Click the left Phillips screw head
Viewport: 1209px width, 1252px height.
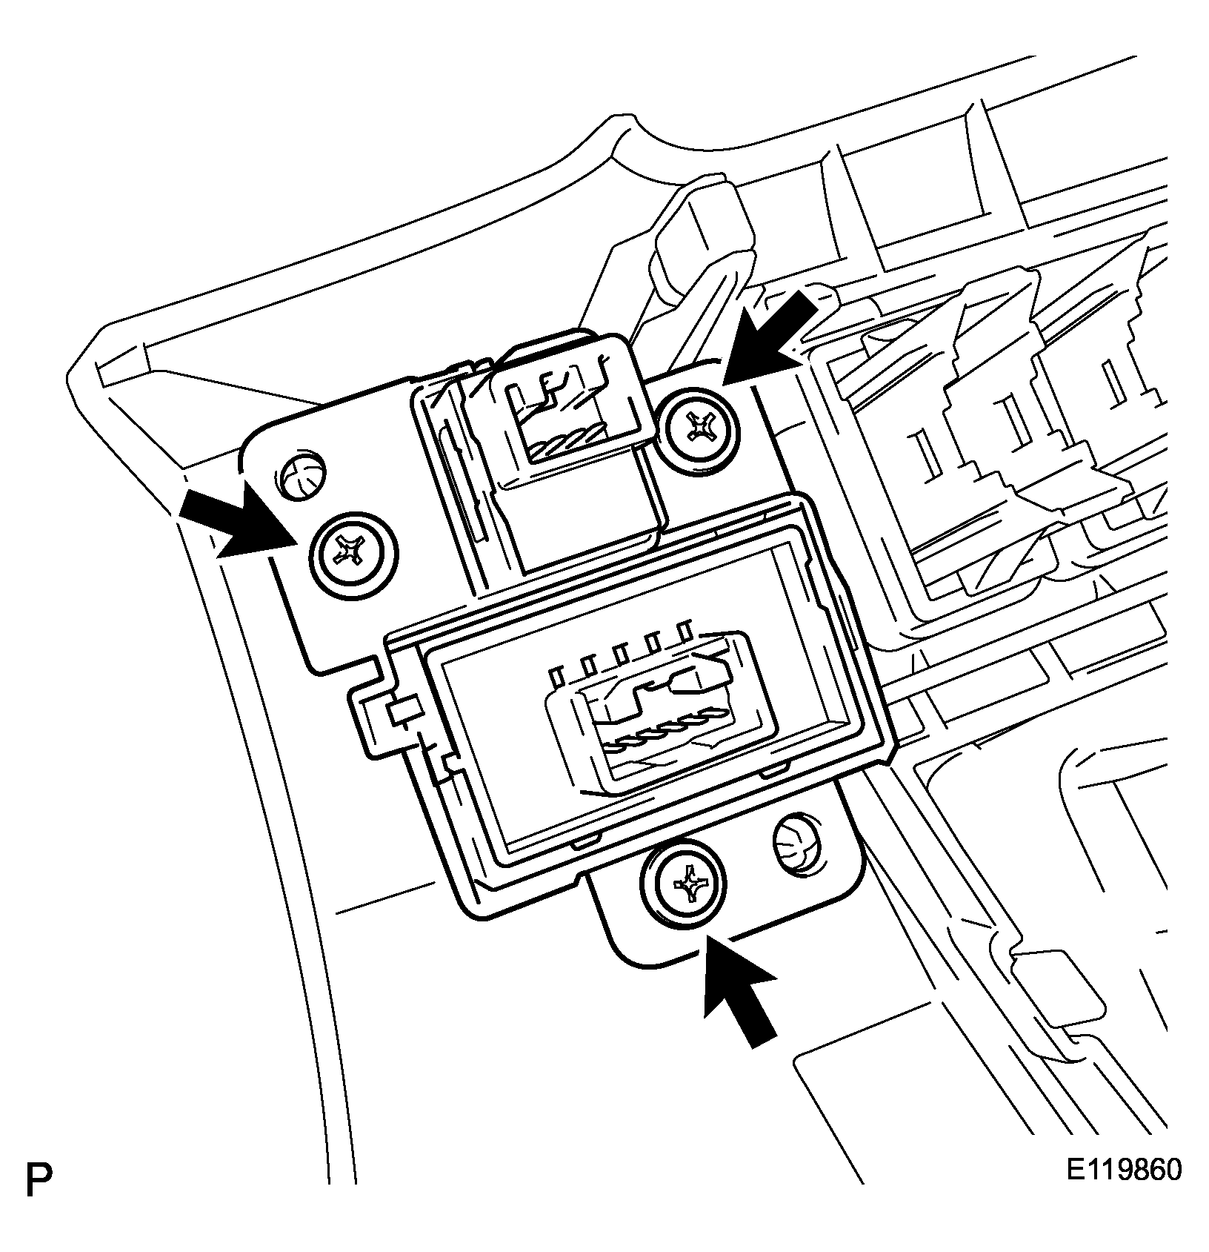tap(352, 552)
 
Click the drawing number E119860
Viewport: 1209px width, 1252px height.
tap(1124, 1170)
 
